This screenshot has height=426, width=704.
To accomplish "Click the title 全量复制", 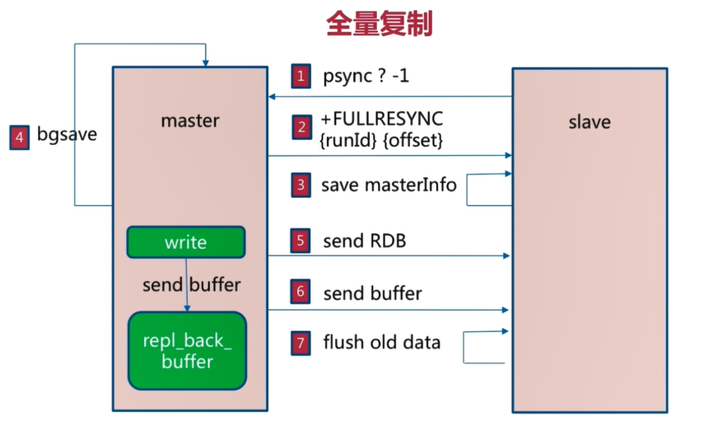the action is [x=379, y=24].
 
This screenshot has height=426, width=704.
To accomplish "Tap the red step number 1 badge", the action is [x=301, y=76].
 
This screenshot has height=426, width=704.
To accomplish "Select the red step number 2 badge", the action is [x=301, y=127].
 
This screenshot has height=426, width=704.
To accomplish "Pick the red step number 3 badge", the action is [x=301, y=185].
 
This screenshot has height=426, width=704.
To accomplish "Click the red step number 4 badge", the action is [x=19, y=137].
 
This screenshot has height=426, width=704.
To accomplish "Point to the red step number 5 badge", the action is [x=301, y=241].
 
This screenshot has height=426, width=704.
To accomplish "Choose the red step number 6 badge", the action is [x=301, y=292].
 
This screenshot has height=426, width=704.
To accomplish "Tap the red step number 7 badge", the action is [x=301, y=344].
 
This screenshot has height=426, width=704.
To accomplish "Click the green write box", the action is [x=186, y=242].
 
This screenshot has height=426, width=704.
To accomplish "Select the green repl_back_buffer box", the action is [x=187, y=351].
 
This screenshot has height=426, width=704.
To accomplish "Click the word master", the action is [x=190, y=120].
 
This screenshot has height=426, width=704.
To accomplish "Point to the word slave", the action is [x=590, y=122].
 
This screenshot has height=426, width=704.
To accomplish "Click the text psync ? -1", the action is [x=366, y=76].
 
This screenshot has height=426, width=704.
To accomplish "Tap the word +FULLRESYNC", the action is [x=381, y=119].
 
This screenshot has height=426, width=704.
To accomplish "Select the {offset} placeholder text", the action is [x=413, y=140].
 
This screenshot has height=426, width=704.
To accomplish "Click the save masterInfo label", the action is [x=389, y=185].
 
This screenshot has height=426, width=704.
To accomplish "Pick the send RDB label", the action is [x=365, y=241].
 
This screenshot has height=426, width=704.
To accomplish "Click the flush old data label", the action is [x=381, y=343].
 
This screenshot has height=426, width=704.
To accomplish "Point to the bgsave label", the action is [x=67, y=134].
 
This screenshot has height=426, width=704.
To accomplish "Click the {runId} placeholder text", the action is [x=348, y=140].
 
